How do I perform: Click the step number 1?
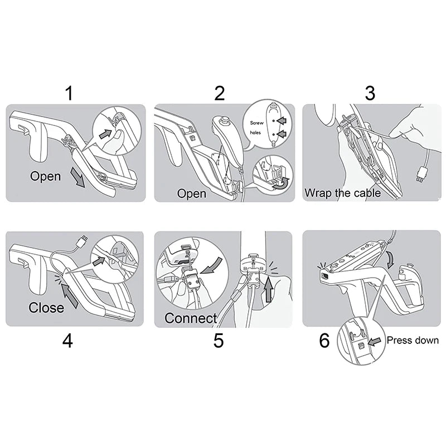pyautogui.click(x=69, y=93)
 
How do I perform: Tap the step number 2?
pyautogui.click(x=219, y=93)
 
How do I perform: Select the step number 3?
pyautogui.click(x=370, y=93)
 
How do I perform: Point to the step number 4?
pyautogui.click(x=67, y=341)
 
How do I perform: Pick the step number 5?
pyautogui.click(x=219, y=341)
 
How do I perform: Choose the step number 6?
pyautogui.click(x=324, y=341)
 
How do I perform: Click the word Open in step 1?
pyautogui.click(x=46, y=177)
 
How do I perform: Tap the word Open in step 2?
pyautogui.click(x=191, y=193)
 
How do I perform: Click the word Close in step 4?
pyautogui.click(x=46, y=308)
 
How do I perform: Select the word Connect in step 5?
pyautogui.click(x=191, y=318)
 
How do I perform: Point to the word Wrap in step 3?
pyautogui.click(x=318, y=193)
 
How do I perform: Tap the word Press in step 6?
pyautogui.click(x=399, y=340)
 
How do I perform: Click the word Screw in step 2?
pyautogui.click(x=257, y=123)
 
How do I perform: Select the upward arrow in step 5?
pyautogui.click(x=268, y=290)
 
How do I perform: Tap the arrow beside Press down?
pyautogui.click(x=375, y=342)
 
